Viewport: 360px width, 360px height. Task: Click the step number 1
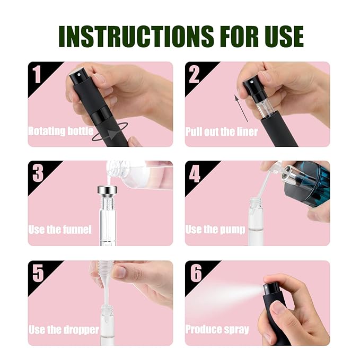(37, 75)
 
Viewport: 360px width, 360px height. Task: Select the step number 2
(194, 75)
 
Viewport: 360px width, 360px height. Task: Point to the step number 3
(37, 173)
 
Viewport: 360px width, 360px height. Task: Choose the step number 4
(195, 173)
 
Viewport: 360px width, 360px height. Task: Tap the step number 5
(37, 273)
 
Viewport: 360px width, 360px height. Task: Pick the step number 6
(195, 273)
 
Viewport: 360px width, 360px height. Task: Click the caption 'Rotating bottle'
(61, 131)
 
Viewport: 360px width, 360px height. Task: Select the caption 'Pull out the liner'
(222, 131)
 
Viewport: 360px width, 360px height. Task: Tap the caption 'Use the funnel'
(60, 230)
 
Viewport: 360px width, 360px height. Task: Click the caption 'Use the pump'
(215, 230)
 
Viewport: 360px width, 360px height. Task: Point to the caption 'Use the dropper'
(64, 330)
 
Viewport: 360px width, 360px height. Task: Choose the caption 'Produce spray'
(217, 330)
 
